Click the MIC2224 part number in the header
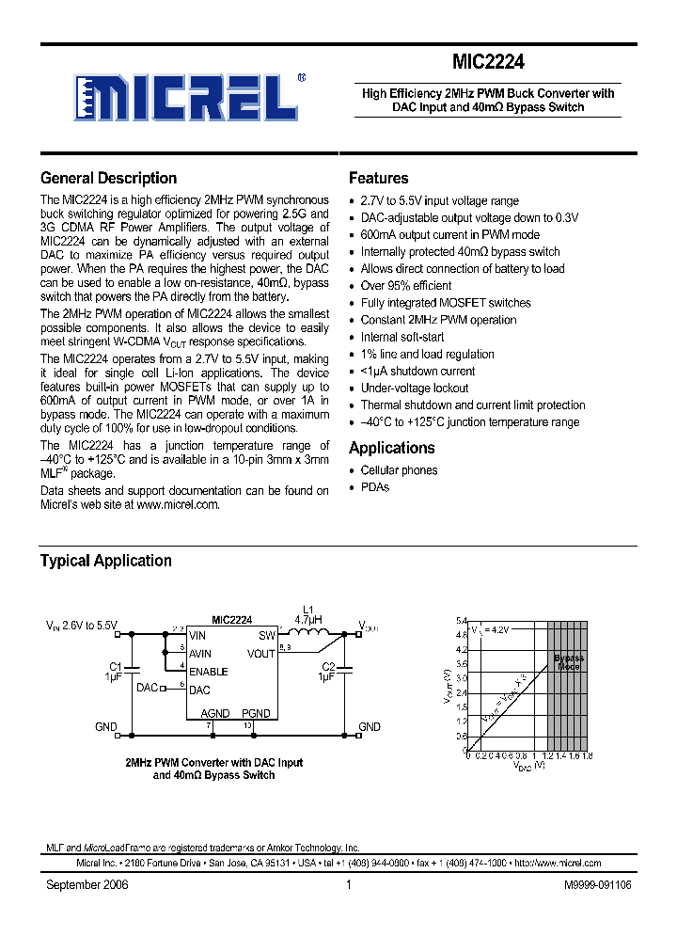[x=488, y=62]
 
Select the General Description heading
[x=108, y=178]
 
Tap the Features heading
[x=378, y=178]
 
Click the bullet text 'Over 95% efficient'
[x=405, y=286]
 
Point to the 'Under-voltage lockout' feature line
[x=414, y=389]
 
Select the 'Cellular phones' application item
[x=399, y=470]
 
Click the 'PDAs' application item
[x=374, y=487]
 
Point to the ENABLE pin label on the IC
[x=208, y=672]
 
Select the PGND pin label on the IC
[x=255, y=713]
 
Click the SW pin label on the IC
[x=267, y=636]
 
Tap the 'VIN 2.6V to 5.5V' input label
[x=83, y=626]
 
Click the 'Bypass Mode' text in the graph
[x=568, y=661]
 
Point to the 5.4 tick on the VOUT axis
[x=461, y=622]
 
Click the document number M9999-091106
[x=598, y=885]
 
